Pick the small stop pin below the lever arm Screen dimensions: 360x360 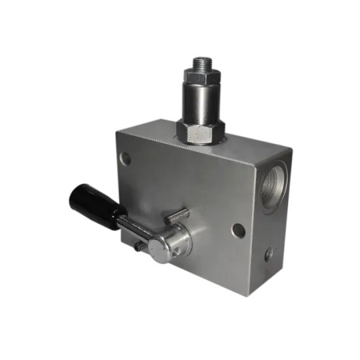(x=137, y=247)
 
